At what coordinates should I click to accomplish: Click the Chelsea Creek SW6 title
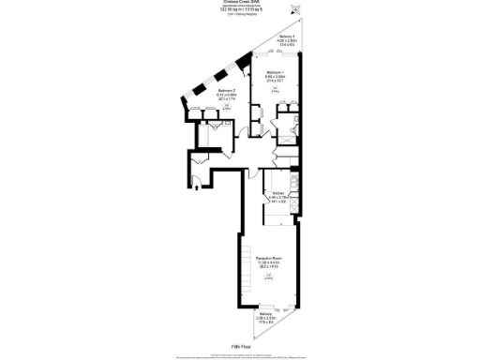pos(240,4)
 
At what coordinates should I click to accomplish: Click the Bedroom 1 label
pos(275,72)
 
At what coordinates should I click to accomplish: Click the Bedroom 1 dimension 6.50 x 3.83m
pos(275,77)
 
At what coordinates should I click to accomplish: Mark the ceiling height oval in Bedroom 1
pos(275,90)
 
